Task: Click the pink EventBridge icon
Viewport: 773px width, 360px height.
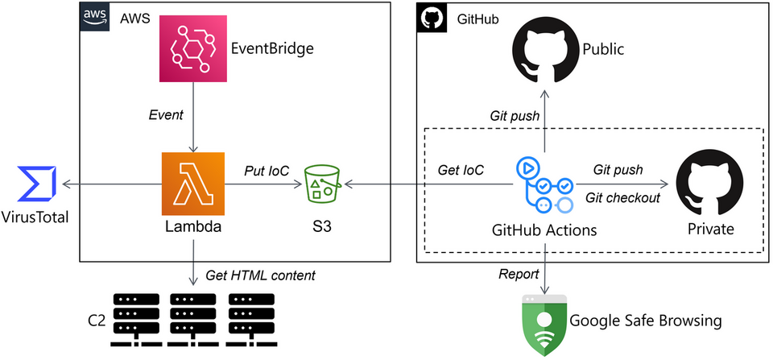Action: tap(193, 48)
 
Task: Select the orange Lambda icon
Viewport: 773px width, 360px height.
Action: tap(193, 184)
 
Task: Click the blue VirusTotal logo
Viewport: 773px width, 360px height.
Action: tap(36, 184)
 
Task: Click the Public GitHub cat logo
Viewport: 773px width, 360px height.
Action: tap(545, 48)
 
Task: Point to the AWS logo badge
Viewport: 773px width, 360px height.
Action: tap(94, 16)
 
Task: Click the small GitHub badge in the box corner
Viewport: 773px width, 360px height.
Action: tap(431, 18)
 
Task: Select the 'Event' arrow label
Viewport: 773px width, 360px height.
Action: tap(166, 116)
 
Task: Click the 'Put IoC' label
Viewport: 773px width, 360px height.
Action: tap(267, 171)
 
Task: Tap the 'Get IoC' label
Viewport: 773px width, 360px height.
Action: tap(461, 171)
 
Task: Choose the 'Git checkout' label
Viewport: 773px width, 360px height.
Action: tap(622, 198)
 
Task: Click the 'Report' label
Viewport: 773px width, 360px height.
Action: tap(519, 274)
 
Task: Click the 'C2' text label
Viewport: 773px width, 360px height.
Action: tap(97, 321)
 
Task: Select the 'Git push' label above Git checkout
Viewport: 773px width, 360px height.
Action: tap(618, 170)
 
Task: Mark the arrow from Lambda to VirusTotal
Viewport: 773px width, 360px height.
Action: tap(112, 184)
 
